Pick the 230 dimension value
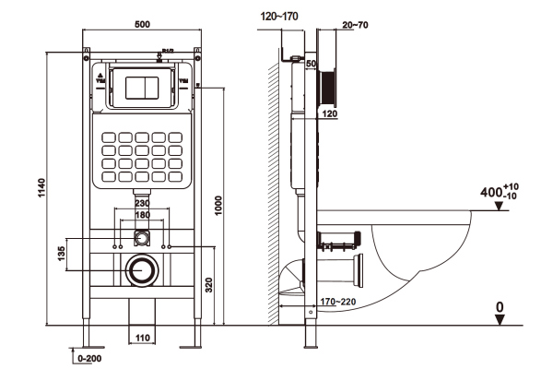(142, 204)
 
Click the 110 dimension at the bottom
(142, 339)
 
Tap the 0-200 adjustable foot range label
(90, 355)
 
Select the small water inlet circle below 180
(141, 238)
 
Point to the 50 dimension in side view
(311, 63)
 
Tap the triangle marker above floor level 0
(499, 319)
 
